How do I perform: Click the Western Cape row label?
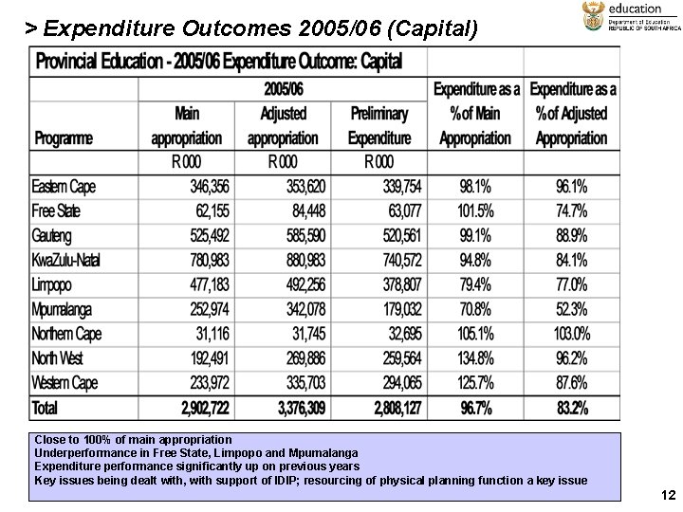(65, 383)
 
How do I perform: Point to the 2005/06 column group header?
(283, 89)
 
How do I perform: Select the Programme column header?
(65, 138)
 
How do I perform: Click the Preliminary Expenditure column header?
(379, 125)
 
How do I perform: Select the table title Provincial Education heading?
(219, 62)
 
